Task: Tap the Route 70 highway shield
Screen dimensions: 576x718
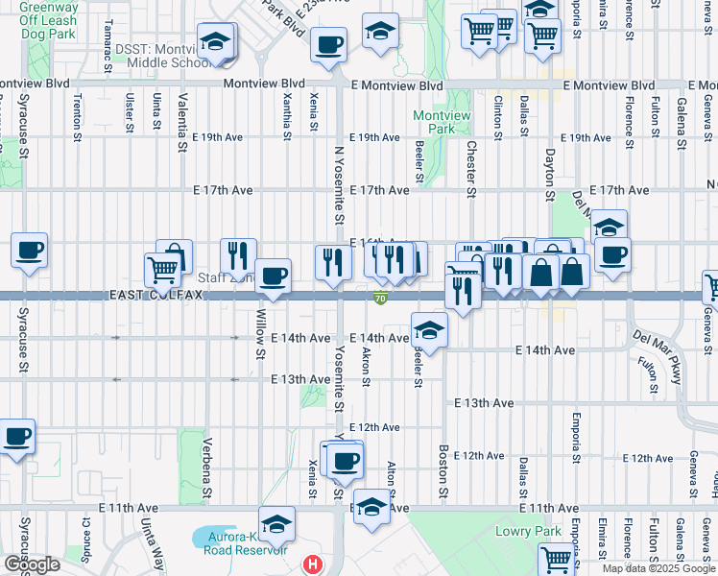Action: pyautogui.click(x=380, y=299)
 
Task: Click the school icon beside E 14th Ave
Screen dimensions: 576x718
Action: pyautogui.click(x=429, y=331)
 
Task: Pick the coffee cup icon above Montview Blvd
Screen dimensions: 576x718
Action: pyautogui.click(x=329, y=45)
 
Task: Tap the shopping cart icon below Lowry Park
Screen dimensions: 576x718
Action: pyautogui.click(x=558, y=558)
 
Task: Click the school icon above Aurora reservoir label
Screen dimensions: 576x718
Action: pyautogui.click(x=276, y=524)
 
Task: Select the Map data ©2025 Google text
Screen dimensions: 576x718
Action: pyautogui.click(x=658, y=568)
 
